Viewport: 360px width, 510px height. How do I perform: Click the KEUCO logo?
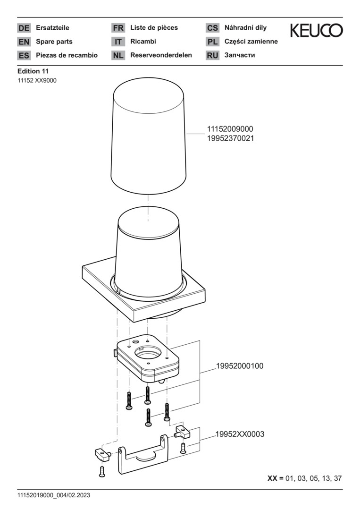click(316, 31)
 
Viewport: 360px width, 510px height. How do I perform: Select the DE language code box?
click(24, 28)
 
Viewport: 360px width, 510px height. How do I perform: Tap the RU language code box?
click(212, 55)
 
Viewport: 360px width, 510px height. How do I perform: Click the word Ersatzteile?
click(53, 28)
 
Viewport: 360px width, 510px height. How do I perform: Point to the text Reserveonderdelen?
click(161, 55)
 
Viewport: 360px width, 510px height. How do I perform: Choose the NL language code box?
click(118, 55)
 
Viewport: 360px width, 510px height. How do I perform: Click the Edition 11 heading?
click(33, 71)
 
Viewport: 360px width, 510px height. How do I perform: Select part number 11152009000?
click(230, 129)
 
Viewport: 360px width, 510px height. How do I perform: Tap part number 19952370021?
click(230, 138)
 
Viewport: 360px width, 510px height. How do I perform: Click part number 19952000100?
click(240, 366)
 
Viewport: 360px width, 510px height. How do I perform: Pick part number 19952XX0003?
click(240, 434)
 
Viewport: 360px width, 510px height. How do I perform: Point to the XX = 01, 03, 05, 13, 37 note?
click(304, 478)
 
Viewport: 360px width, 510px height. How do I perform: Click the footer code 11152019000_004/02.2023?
click(54, 496)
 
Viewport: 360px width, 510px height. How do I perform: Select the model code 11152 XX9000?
click(37, 80)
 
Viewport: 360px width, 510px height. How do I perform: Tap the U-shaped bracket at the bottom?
click(142, 454)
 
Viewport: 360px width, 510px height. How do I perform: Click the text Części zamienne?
click(251, 42)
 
